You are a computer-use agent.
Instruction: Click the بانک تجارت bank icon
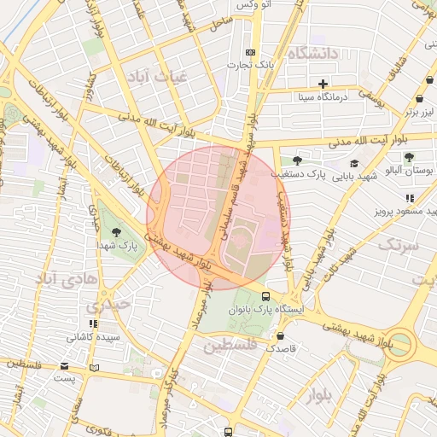point(250,51)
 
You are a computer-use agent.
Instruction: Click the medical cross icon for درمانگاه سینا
point(323,84)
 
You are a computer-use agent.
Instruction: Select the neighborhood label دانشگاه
point(314,54)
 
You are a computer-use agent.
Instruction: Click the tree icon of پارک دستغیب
point(297,160)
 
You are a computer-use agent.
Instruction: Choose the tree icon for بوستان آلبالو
point(410,157)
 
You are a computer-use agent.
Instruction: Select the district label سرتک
point(397,245)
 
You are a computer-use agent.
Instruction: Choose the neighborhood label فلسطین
point(230,345)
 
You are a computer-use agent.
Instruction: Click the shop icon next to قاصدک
point(305,348)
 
